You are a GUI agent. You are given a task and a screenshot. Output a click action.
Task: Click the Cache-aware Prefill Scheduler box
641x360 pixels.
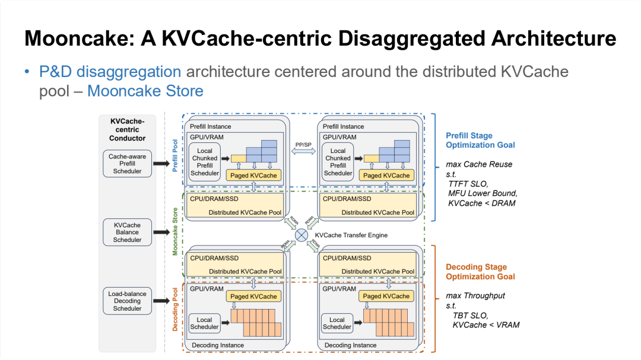(x=128, y=164)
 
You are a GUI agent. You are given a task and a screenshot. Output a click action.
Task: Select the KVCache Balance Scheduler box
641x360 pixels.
(x=128, y=232)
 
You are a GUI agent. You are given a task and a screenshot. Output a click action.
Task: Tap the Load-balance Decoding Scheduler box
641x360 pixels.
(x=128, y=301)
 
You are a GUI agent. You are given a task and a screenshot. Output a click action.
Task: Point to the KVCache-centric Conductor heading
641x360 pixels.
(x=128, y=130)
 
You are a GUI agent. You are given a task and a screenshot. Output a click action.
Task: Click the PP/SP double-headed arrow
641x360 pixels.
(x=303, y=152)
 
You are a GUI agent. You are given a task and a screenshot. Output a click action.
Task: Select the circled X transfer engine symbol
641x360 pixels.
(x=302, y=235)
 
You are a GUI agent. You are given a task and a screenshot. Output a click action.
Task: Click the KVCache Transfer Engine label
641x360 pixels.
(x=351, y=235)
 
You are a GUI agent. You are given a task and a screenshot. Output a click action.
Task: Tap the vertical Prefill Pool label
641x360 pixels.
(x=175, y=156)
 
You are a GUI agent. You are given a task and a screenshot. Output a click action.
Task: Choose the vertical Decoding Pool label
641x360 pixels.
(x=175, y=310)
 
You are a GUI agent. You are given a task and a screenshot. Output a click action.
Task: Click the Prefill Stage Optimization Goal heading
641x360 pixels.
(x=480, y=141)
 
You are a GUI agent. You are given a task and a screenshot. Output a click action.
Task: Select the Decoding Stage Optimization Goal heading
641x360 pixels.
(x=480, y=272)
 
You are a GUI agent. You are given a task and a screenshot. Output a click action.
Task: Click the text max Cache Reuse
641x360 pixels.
(x=479, y=164)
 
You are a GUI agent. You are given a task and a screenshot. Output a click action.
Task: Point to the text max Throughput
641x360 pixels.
(x=475, y=295)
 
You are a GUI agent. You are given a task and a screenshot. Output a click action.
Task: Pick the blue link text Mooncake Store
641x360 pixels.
(x=145, y=91)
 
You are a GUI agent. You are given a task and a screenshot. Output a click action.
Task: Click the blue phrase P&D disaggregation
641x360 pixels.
(x=110, y=72)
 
